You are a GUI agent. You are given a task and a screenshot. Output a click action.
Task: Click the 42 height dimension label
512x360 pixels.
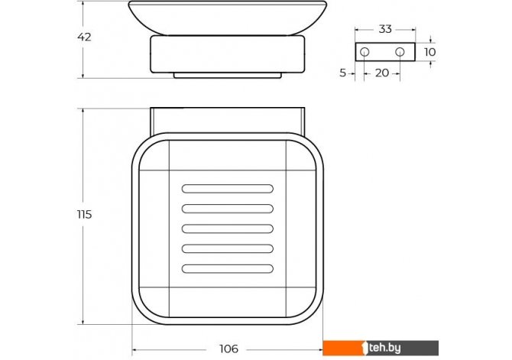point(84,37)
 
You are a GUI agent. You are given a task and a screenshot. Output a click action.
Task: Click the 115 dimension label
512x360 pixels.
point(84,215)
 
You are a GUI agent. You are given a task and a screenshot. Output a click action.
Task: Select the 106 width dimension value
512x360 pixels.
point(228,349)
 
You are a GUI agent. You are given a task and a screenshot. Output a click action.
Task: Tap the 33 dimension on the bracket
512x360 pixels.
point(385,29)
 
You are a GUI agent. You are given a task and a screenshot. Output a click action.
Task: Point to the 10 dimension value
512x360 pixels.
point(429,52)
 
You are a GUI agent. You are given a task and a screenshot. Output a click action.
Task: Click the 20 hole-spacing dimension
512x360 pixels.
point(382,73)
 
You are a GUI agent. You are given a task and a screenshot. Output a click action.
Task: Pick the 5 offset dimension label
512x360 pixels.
point(342,73)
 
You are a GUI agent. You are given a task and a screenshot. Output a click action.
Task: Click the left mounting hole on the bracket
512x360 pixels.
point(365,52)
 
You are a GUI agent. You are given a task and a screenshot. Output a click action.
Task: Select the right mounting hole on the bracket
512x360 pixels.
point(400,52)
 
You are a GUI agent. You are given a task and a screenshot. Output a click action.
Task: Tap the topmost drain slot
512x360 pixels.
point(227,189)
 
